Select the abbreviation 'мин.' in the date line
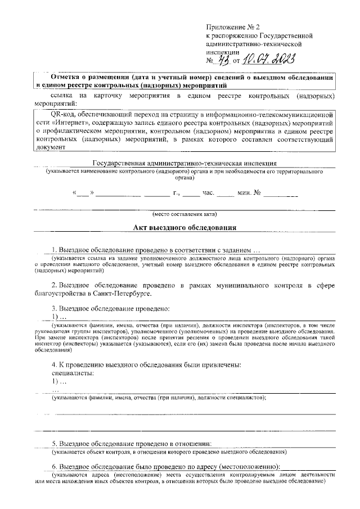coord(244,193)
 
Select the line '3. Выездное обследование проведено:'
coord(110,309)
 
